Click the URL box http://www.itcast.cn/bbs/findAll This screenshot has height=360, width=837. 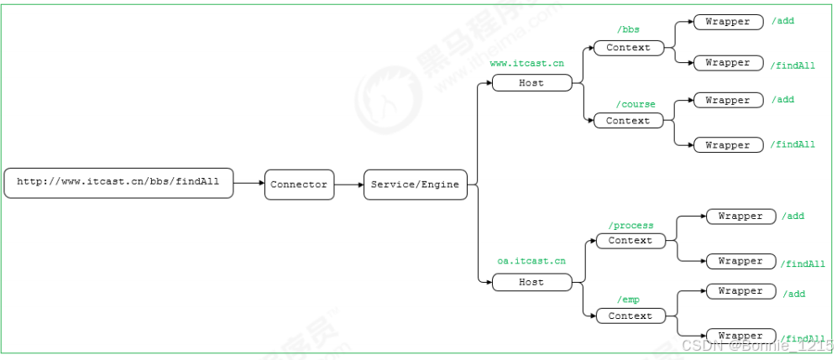coord(118,183)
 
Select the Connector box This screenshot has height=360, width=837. coord(299,185)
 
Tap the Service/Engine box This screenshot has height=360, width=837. coord(416,185)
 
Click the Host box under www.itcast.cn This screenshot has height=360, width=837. coord(531,83)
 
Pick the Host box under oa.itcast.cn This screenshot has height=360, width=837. coord(531,283)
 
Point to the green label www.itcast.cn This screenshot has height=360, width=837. coord(526,64)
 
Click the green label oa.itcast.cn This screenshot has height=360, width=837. coord(531,262)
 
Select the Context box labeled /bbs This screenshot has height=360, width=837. coord(628,48)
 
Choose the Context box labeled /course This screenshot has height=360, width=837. coord(628,121)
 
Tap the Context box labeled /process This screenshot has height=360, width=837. coord(630,241)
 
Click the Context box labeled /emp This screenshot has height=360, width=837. coord(630,316)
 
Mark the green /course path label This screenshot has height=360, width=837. coord(636,104)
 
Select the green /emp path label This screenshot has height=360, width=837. coord(629,300)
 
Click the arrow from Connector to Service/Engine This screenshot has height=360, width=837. coord(348,185)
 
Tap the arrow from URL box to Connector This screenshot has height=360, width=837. coord(248,183)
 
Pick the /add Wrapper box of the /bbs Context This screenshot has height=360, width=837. coord(728,22)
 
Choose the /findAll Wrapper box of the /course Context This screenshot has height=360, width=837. coord(728,145)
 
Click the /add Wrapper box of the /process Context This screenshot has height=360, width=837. coord(740,217)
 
